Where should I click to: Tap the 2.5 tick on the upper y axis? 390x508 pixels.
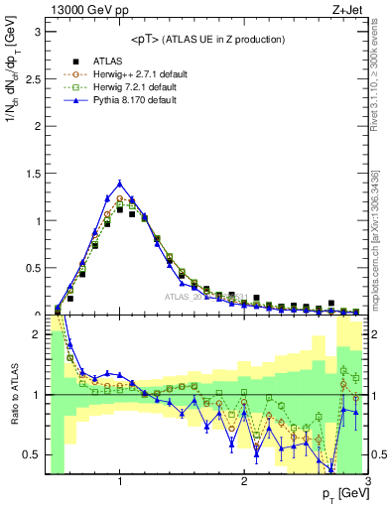pyautogui.click(x=31, y=78)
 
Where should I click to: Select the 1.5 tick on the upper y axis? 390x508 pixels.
pyautogui.click(x=31, y=173)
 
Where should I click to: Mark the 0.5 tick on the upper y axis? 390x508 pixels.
pyautogui.click(x=31, y=268)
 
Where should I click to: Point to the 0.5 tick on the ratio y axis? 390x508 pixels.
pyautogui.click(x=31, y=454)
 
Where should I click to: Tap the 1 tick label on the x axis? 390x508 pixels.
pyautogui.click(x=119, y=482)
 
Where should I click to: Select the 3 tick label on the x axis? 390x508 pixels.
pyautogui.click(x=367, y=482)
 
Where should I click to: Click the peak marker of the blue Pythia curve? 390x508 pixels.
pyautogui.click(x=119, y=183)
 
